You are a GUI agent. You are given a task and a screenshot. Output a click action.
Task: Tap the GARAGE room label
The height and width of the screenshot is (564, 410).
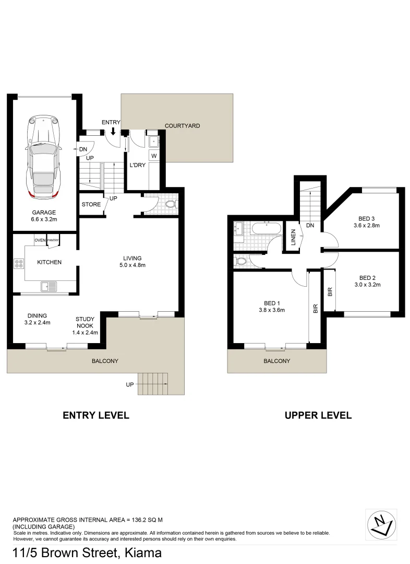pyautogui.click(x=44, y=213)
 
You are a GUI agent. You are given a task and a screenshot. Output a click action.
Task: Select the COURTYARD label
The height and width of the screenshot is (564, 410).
pyautogui.click(x=182, y=126)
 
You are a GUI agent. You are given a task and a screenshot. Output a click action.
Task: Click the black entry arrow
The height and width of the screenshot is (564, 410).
pyautogui.click(x=114, y=131)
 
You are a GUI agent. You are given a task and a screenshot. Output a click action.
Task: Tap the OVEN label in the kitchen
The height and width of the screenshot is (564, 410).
pyautogui.click(x=40, y=240)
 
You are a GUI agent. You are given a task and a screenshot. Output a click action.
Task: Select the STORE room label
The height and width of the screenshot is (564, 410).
pyautogui.click(x=91, y=204)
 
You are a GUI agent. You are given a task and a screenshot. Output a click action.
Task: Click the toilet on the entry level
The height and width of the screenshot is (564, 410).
pyautogui.click(x=175, y=204)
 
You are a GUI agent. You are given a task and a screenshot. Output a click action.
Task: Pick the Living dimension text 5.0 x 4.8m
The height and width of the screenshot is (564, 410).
pyautogui.click(x=132, y=265)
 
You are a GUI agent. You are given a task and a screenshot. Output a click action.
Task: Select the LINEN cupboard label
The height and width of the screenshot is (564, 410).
pyautogui.click(x=294, y=238)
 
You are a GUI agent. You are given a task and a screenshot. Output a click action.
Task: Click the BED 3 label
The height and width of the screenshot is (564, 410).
pyautogui.click(x=367, y=218)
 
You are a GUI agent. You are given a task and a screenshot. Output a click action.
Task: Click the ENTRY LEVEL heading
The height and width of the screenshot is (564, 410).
pyautogui.click(x=96, y=416)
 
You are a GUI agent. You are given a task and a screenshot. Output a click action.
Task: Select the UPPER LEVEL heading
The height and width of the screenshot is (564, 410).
pyautogui.click(x=318, y=416)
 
